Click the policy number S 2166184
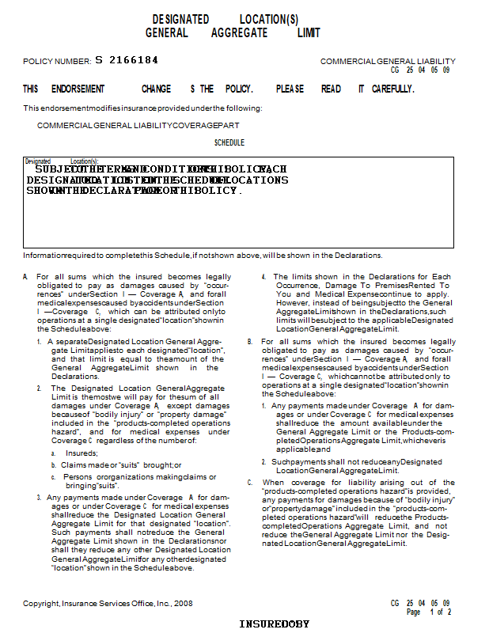pos(127,60)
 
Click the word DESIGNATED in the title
pos(180,19)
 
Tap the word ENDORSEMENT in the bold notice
pos(78,89)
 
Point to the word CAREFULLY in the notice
pos(392,89)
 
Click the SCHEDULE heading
pos(229,143)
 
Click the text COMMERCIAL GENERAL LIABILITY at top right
pos(388,61)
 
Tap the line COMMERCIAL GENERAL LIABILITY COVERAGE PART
pos(138,125)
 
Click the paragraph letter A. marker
pos(25,277)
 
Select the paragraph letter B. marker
pos(250,341)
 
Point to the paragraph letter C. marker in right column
pos(250,482)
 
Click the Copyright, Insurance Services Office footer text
pos(108,603)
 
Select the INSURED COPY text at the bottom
pos(275,624)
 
